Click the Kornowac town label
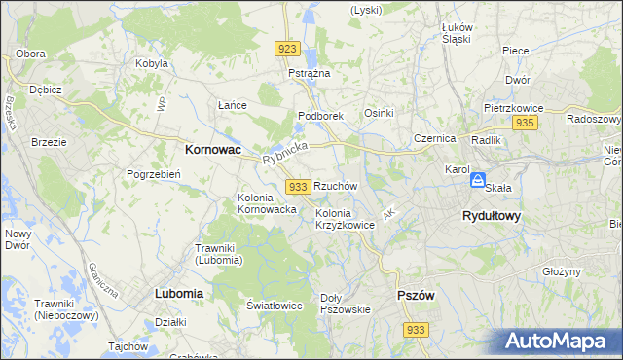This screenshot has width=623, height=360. (x=213, y=151)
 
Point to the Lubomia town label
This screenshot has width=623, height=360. (x=178, y=293)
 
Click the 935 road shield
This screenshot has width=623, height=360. (x=526, y=123)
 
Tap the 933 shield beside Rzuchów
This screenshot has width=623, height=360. (x=299, y=186)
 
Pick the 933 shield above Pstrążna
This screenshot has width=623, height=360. (x=286, y=49)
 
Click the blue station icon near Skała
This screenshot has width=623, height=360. (x=478, y=181)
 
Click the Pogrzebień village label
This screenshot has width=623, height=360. (x=150, y=174)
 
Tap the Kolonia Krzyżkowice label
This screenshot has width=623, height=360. (x=345, y=219)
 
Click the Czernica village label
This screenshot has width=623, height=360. (x=435, y=138)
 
